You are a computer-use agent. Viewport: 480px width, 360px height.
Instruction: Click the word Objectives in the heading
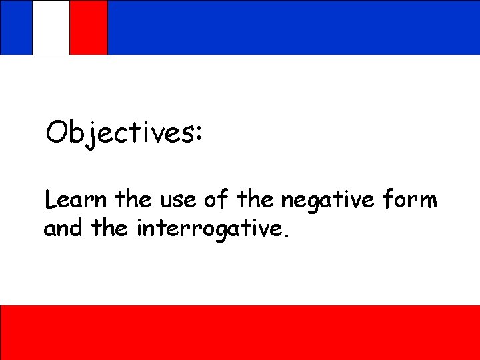pyautogui.click(x=119, y=133)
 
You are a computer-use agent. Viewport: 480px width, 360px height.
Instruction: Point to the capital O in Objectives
pyautogui.click(x=57, y=133)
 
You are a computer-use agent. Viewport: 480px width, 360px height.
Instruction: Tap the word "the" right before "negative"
pyautogui.click(x=256, y=199)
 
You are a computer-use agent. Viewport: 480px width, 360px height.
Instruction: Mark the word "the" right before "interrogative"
pyautogui.click(x=111, y=229)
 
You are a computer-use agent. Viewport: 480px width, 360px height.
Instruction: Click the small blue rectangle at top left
pyautogui.click(x=15, y=27)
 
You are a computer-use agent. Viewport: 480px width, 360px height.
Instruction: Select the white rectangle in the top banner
pyautogui.click(x=51, y=27)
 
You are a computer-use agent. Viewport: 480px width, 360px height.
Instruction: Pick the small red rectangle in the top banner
pyautogui.click(x=89, y=27)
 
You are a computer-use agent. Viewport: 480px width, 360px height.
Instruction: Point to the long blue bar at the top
pyautogui.click(x=293, y=27)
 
